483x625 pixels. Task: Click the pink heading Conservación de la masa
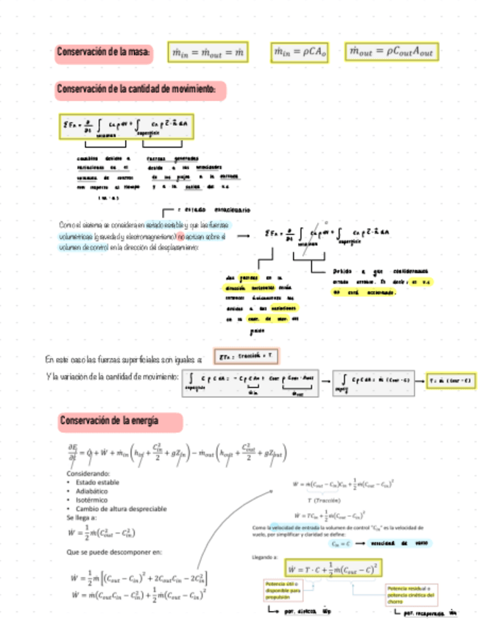click(105, 52)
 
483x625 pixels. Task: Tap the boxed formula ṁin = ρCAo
click(301, 52)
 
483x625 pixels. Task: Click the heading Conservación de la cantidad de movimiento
click(140, 90)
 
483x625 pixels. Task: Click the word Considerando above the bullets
click(88, 472)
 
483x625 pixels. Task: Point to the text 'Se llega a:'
click(82, 517)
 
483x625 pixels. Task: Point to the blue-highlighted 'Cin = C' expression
click(339, 542)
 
